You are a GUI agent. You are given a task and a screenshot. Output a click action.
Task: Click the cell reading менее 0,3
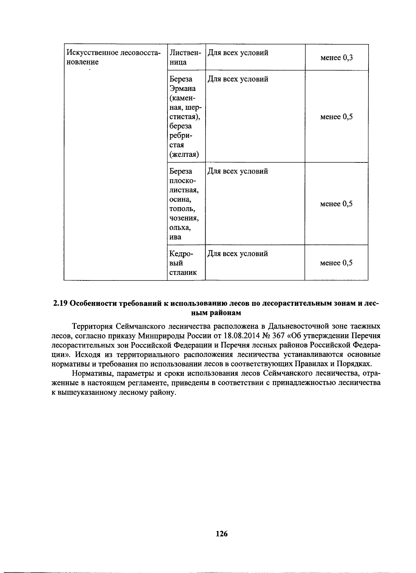[336, 58]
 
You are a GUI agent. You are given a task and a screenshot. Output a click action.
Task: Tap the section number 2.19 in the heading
[60, 303]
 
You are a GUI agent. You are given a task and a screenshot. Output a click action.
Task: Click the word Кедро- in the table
[181, 254]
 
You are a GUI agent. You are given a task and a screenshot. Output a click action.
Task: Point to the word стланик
[183, 272]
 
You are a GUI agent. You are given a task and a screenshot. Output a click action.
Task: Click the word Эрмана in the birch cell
[182, 89]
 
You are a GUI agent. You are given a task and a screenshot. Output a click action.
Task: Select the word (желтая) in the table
[184, 154]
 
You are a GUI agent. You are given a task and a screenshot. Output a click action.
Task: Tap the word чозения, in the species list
[184, 218]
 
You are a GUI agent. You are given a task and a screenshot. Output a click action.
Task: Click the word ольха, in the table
[180, 228]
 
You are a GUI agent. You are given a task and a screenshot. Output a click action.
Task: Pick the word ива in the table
[175, 237]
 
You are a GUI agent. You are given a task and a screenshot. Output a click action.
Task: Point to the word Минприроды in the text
[158, 336]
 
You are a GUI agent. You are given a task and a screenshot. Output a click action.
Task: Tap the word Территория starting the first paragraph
[92, 327]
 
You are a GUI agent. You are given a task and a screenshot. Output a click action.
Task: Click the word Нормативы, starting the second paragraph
[92, 373]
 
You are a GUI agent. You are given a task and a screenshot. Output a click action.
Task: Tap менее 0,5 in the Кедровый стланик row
[336, 263]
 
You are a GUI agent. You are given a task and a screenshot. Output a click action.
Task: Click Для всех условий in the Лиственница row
[238, 53]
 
